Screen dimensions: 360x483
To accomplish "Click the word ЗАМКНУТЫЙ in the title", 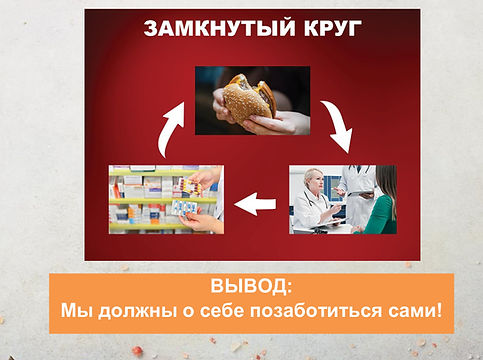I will pyautogui.click(x=206, y=28).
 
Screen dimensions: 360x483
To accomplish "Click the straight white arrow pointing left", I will pyautogui.click(x=256, y=206).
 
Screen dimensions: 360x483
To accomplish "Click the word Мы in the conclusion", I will pyautogui.click(x=75, y=310).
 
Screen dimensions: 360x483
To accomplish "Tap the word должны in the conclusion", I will pyautogui.click(x=135, y=310).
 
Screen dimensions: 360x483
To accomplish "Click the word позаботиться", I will pyautogui.click(x=320, y=310).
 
